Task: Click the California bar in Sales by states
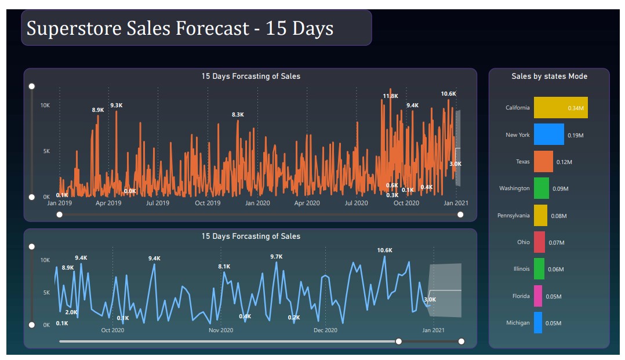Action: click(560, 108)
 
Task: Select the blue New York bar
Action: click(548, 134)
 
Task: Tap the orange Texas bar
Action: click(543, 162)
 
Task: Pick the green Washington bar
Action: click(541, 188)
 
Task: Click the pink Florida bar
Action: click(538, 296)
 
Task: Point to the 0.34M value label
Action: click(576, 108)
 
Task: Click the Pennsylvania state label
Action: click(513, 216)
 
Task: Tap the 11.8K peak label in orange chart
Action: click(390, 96)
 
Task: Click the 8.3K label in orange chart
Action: click(238, 115)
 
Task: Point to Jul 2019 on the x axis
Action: click(158, 203)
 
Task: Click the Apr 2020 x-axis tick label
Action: click(307, 203)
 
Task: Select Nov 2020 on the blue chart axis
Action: click(221, 330)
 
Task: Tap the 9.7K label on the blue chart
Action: click(276, 257)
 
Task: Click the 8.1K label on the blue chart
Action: click(224, 267)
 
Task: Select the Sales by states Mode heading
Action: click(549, 77)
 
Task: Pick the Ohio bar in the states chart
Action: click(539, 242)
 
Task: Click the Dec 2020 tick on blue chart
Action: click(325, 330)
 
